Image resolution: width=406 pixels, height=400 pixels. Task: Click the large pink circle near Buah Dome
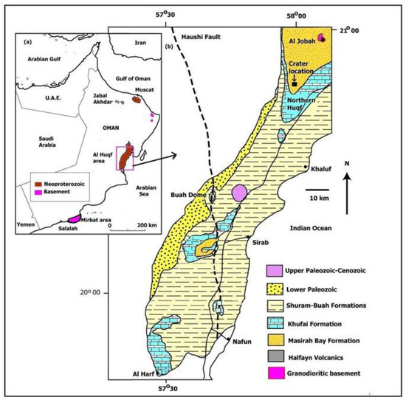[x=239, y=193]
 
